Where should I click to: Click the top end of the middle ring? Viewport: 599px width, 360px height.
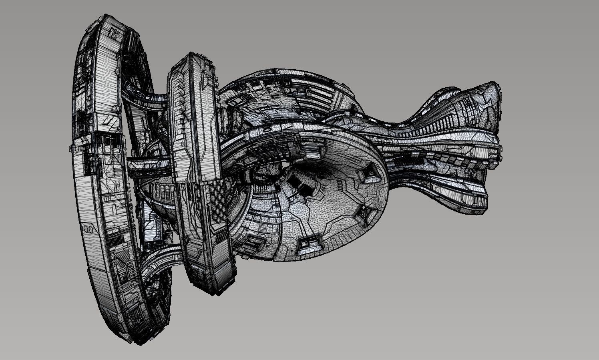coord(192,54)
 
